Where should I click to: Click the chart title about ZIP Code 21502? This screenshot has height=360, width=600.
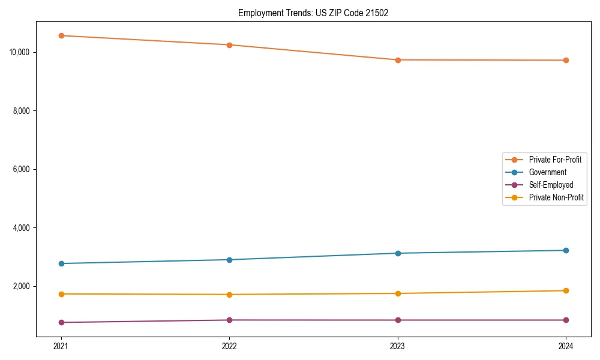tap(313, 13)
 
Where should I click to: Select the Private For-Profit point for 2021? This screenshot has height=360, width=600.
tap(61, 35)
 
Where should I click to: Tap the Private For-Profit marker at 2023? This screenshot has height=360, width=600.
tap(398, 60)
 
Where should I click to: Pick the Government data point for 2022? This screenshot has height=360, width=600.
tap(229, 260)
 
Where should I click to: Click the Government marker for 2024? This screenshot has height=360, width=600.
tap(566, 250)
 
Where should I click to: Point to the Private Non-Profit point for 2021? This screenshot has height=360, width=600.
tap(61, 294)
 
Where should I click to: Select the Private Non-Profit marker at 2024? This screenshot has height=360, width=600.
tap(566, 291)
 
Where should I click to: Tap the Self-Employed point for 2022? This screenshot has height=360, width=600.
tap(229, 320)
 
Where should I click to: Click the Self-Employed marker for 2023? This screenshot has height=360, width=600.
tap(398, 320)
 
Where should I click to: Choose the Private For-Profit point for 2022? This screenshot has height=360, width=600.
tap(229, 45)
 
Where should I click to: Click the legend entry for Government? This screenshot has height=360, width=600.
tap(547, 172)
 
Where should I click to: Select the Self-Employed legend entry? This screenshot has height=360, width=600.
tap(551, 185)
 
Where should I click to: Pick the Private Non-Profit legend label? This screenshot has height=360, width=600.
tap(556, 197)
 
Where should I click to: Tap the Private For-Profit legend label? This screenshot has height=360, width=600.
tap(555, 160)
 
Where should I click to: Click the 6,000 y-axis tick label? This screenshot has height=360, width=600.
tap(22, 169)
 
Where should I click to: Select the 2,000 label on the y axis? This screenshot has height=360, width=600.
tap(22, 286)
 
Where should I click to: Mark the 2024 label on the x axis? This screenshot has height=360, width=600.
tap(566, 346)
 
